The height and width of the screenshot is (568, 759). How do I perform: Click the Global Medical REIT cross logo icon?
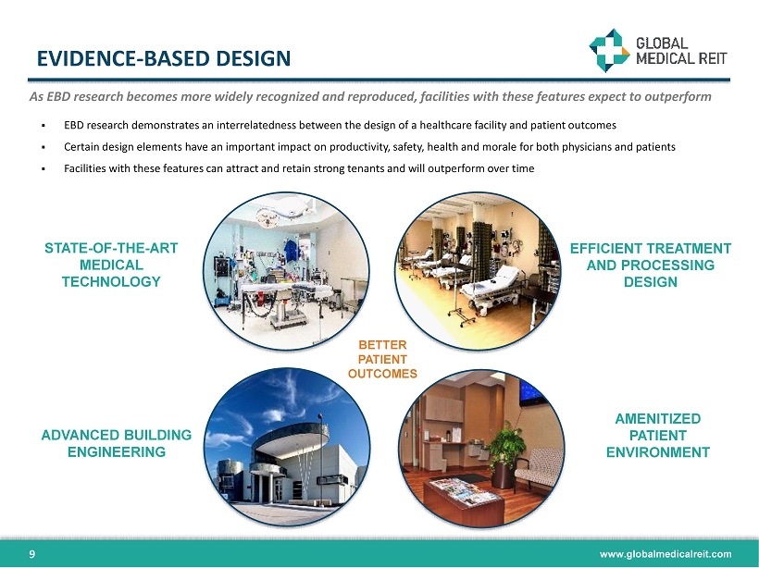coord(609,50)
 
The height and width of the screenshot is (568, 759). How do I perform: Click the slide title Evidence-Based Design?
coord(164,58)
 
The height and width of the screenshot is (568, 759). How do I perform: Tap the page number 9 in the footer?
coord(32,554)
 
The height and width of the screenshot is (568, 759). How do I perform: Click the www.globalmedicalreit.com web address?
coord(666,554)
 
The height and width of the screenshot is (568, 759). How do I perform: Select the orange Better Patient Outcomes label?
coord(382,359)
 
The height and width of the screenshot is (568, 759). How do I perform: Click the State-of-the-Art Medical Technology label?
coord(111,265)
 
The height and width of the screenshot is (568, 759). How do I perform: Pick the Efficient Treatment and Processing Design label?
coord(650,265)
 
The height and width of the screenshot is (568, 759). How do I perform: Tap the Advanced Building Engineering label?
coord(117,443)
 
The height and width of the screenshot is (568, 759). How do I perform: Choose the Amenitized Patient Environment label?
coord(658,436)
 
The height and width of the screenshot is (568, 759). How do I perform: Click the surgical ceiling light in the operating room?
coord(268,217)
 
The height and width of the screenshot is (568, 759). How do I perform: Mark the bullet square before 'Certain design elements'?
coord(44,147)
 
